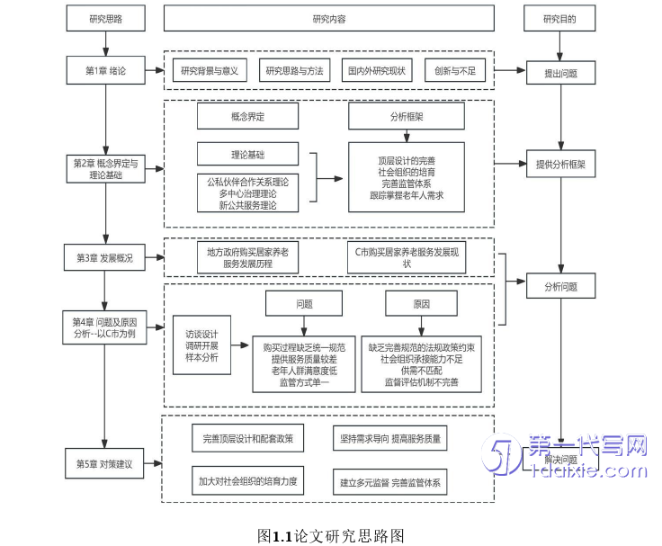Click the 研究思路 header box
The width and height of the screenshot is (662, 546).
[x=106, y=18]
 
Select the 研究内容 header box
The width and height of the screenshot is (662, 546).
[x=328, y=18]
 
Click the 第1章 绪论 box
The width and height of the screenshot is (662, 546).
[x=106, y=70]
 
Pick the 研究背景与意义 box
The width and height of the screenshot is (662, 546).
[x=210, y=70]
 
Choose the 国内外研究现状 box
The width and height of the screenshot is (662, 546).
[x=377, y=70]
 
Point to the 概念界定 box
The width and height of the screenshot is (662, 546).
[x=248, y=117]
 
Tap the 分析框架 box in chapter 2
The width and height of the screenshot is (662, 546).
[x=407, y=117]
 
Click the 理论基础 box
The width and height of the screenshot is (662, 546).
[x=248, y=154]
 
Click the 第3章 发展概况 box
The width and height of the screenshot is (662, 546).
[x=106, y=258]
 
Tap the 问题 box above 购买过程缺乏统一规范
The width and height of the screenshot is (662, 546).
[x=304, y=304]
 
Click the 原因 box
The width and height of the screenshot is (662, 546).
[x=422, y=304]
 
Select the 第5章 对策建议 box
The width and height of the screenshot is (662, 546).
[x=106, y=465]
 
